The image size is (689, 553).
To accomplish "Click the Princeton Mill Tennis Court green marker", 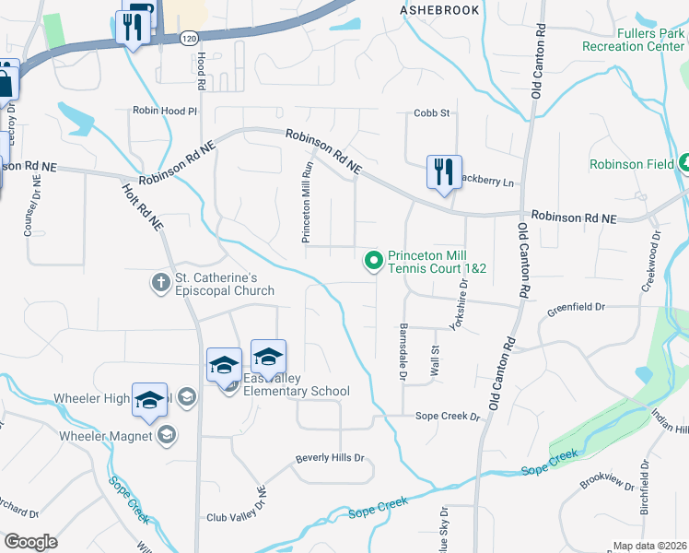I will pyautogui.click(x=374, y=262).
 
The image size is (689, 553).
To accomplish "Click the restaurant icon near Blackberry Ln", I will pyautogui.click(x=443, y=172).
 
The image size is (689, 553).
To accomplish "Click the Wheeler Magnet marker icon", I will pyautogui.click(x=167, y=435).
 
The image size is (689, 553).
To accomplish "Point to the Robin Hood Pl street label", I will pyautogui.click(x=165, y=111).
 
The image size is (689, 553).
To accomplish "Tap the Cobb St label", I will pyautogui.click(x=431, y=113).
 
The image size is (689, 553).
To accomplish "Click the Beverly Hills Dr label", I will pyautogui.click(x=331, y=458).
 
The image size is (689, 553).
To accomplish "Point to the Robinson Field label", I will pyautogui.click(x=630, y=165).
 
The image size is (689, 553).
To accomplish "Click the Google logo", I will pyautogui.click(x=30, y=542).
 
